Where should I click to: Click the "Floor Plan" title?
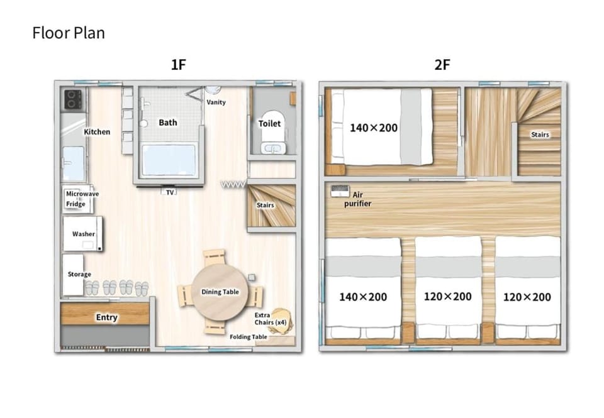click(x=69, y=33)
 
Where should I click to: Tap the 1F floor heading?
click(x=178, y=65)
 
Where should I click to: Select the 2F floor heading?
click(x=442, y=65)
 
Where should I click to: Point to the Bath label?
click(x=168, y=123)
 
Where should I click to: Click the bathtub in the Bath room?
click(x=169, y=160)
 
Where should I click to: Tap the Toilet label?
click(x=269, y=124)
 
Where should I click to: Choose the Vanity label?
click(x=216, y=102)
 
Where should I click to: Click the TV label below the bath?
click(x=170, y=192)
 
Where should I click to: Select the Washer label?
click(x=83, y=234)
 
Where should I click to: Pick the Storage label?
click(x=79, y=274)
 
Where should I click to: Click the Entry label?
click(x=107, y=317)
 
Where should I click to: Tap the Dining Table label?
click(x=220, y=292)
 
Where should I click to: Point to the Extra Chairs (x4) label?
click(x=271, y=319)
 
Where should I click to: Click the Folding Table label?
click(x=248, y=337)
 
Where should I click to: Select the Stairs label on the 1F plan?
click(x=266, y=205)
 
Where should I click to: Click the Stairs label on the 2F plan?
click(x=540, y=135)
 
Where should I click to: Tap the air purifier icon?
click(x=340, y=191)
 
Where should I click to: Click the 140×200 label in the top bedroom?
click(x=374, y=128)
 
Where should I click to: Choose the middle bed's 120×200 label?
click(x=447, y=297)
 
